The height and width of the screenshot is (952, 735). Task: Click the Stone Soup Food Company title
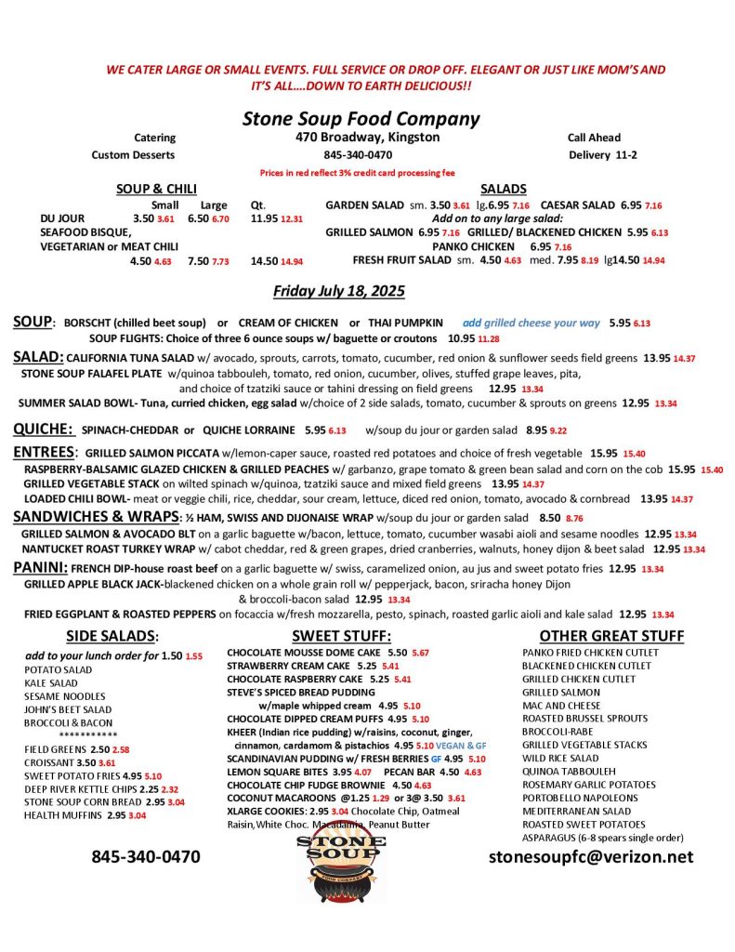(x=361, y=118)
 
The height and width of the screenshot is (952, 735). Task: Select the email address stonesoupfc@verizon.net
(x=591, y=856)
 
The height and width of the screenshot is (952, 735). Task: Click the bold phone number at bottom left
(x=145, y=856)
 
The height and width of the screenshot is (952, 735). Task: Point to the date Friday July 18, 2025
(x=339, y=291)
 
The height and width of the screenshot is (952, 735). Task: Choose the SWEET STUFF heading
(x=341, y=636)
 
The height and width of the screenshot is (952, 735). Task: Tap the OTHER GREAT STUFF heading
(x=611, y=636)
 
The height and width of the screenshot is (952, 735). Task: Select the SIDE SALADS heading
(x=112, y=636)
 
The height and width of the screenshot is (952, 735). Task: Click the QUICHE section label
(x=43, y=430)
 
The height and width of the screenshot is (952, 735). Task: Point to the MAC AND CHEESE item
(x=561, y=706)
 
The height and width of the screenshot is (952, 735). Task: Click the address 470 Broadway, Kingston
(x=361, y=138)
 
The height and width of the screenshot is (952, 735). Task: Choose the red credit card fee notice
(x=358, y=173)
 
